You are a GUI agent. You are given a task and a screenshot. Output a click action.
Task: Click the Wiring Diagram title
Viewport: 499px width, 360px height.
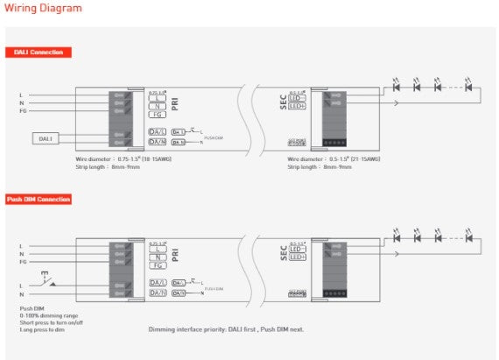click(x=45, y=9)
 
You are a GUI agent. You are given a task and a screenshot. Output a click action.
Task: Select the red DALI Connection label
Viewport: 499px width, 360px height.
click(x=39, y=52)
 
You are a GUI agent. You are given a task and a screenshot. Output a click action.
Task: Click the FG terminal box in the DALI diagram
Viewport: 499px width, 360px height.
click(x=158, y=115)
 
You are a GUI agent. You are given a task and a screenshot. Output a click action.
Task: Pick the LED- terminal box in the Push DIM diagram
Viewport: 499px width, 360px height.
click(x=297, y=249)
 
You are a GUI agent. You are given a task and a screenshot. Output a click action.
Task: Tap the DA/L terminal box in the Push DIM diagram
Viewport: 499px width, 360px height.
click(x=158, y=282)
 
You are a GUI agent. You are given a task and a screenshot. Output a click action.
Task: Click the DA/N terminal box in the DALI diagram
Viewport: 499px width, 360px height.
click(x=158, y=141)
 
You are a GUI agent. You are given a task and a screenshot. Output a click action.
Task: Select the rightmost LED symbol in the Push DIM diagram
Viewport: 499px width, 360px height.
click(x=469, y=236)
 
